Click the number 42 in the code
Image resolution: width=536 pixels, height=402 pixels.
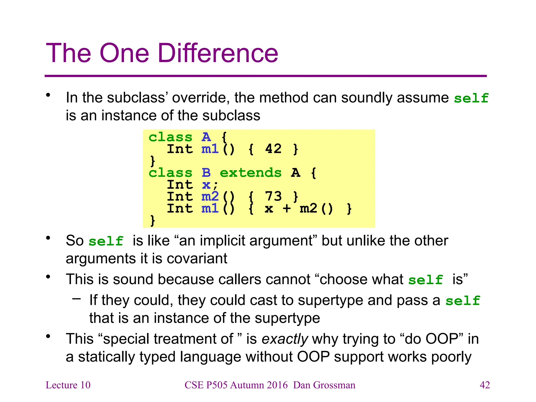[273, 149]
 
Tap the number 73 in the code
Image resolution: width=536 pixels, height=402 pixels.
[273, 196]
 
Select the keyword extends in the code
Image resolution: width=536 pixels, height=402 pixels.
[250, 173]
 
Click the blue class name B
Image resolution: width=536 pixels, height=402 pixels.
[206, 173]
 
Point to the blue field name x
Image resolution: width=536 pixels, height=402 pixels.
[206, 185]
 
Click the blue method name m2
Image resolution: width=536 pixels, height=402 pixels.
[210, 196]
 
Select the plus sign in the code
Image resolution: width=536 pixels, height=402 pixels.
[287, 209]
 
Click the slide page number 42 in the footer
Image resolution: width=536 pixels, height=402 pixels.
[484, 385]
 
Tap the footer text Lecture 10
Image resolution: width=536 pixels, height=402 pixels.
[68, 385]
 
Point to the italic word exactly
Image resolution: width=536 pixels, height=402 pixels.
[285, 339]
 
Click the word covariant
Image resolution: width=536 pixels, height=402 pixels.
[197, 259]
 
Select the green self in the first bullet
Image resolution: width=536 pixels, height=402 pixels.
[471, 98]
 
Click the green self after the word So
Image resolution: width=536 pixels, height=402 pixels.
[106, 241]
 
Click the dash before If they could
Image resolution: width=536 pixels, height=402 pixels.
[77, 298]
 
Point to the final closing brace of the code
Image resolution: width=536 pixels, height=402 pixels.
[153, 220]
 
